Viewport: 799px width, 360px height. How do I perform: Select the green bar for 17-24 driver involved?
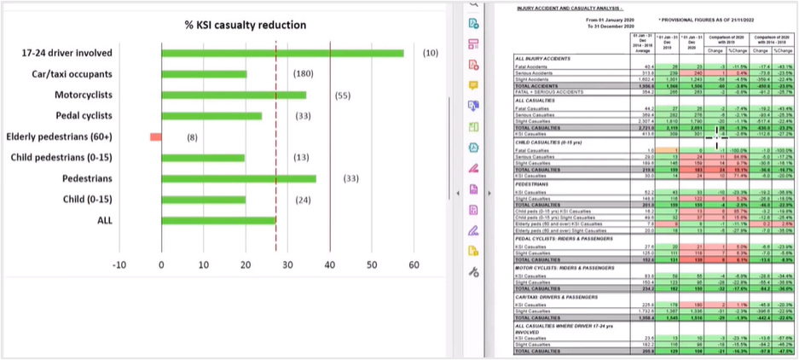(x=282, y=53)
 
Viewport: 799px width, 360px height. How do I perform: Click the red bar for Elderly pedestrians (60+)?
(x=155, y=136)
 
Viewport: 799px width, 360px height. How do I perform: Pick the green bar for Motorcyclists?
(x=234, y=95)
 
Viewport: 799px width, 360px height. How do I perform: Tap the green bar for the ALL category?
(x=218, y=221)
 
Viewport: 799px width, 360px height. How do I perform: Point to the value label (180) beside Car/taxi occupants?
(x=303, y=74)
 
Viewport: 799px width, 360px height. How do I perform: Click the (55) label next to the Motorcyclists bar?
(x=343, y=96)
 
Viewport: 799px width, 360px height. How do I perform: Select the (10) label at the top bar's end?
(x=431, y=53)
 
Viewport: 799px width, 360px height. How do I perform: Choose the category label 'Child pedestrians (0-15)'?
(x=67, y=158)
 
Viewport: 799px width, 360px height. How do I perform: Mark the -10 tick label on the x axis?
(x=119, y=265)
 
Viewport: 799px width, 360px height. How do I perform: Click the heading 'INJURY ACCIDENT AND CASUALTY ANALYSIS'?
(x=564, y=9)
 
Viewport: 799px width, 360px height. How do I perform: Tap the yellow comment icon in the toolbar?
(x=474, y=85)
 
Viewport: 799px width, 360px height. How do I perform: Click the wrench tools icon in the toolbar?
(x=474, y=272)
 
